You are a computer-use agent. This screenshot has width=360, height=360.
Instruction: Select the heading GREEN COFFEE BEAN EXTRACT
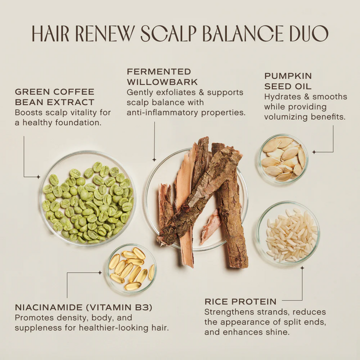pos(54,97)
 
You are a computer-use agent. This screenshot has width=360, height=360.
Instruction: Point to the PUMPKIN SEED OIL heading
pos(288,81)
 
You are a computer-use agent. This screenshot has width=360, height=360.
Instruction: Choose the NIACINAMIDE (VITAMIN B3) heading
pos(83,307)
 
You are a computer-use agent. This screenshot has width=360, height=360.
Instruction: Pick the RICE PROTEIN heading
pos(240,301)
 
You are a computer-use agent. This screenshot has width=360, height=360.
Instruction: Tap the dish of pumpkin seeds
pos(283,159)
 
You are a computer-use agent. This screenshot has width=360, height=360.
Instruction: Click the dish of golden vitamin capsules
pos(130,268)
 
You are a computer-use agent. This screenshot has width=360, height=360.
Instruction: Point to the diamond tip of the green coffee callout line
pos(39,176)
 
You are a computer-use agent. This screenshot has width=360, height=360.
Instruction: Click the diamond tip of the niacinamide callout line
pos(99,273)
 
